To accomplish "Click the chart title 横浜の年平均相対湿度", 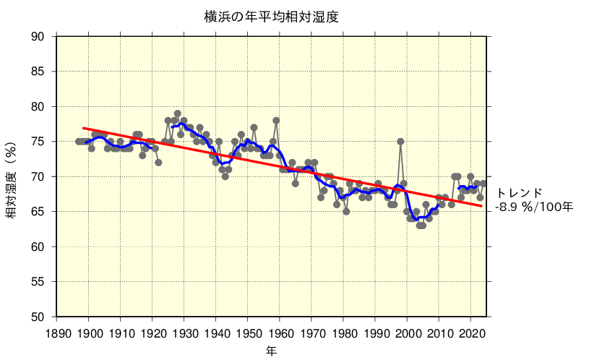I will pos(271,17).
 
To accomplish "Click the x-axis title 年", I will pos(271,350).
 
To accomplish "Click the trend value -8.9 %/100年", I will pos(534,207).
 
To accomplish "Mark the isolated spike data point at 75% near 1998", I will pos(400,142).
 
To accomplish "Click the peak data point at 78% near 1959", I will pos(276,121).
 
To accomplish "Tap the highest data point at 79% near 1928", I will pos(178,113).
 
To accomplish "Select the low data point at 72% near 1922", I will pos(158,163).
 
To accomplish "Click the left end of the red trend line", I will pos(83,128).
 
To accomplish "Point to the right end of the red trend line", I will pos(482,206).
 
